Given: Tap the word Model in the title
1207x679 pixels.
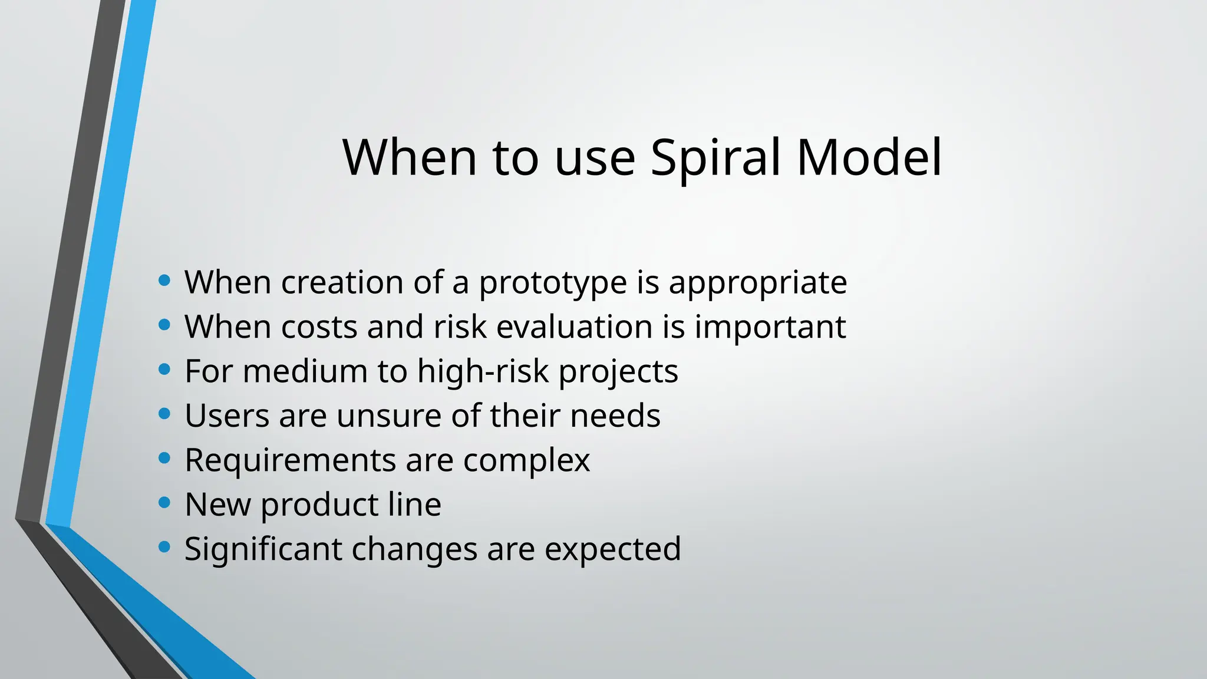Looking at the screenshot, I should [869, 158].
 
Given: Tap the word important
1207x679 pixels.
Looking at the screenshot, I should [770, 327].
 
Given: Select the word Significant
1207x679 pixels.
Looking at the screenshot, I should [263, 549].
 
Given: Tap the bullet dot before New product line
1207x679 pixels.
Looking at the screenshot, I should [164, 503].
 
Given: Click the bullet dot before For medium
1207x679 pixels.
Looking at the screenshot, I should [164, 370].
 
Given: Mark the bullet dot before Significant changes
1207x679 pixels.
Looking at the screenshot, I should [164, 547].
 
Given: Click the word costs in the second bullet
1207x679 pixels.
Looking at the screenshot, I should [319, 327].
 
